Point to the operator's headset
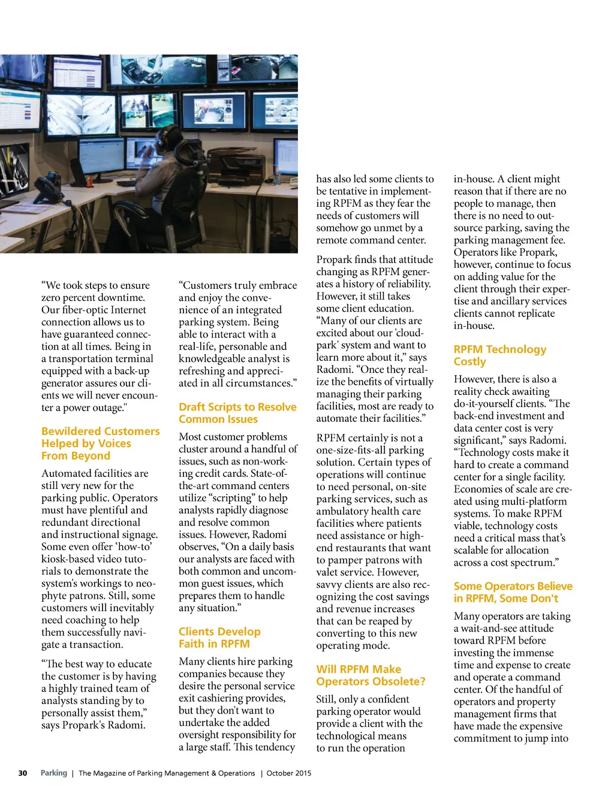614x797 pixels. click(x=161, y=140)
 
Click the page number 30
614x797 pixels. click(x=23, y=773)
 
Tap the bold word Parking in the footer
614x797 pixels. click(x=53, y=773)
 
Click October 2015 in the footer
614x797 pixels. click(x=289, y=773)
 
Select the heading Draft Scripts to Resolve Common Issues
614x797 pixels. click(x=237, y=413)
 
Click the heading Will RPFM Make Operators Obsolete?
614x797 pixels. click(x=371, y=675)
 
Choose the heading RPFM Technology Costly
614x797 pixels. click(x=499, y=355)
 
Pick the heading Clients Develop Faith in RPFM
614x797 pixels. click(x=219, y=638)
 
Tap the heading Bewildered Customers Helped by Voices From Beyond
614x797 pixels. click(x=100, y=443)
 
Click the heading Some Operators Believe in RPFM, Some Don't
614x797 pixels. click(x=513, y=592)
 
